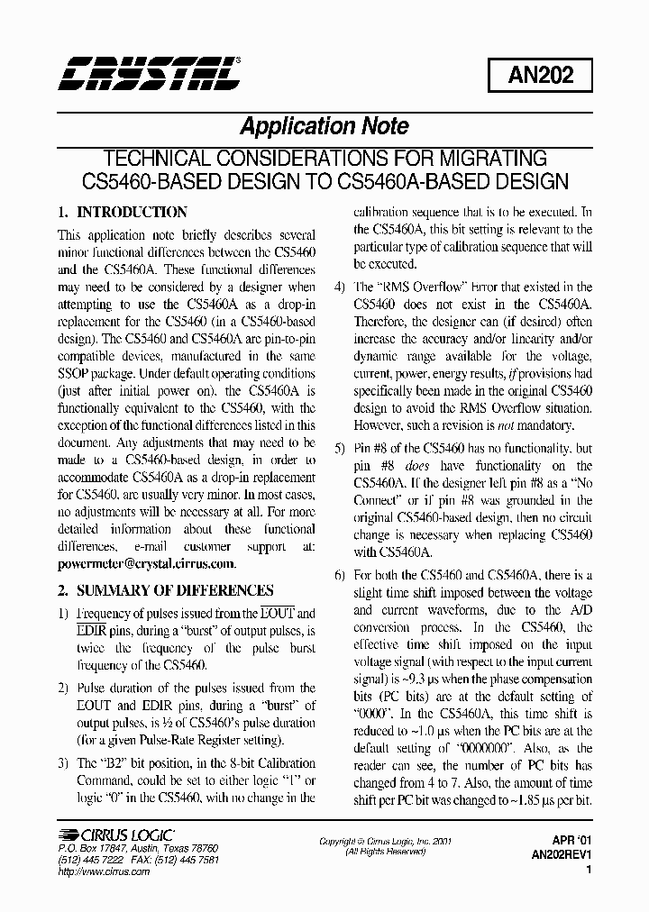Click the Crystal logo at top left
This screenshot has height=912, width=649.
(x=149, y=73)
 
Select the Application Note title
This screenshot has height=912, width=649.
(x=324, y=126)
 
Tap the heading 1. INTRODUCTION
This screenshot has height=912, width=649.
(x=123, y=213)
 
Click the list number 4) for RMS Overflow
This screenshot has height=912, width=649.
(x=339, y=287)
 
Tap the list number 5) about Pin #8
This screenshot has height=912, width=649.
(x=339, y=449)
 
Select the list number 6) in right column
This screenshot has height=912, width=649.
(x=339, y=575)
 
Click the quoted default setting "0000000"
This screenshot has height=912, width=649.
(x=484, y=748)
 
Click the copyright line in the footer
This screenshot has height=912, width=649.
(x=386, y=841)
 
